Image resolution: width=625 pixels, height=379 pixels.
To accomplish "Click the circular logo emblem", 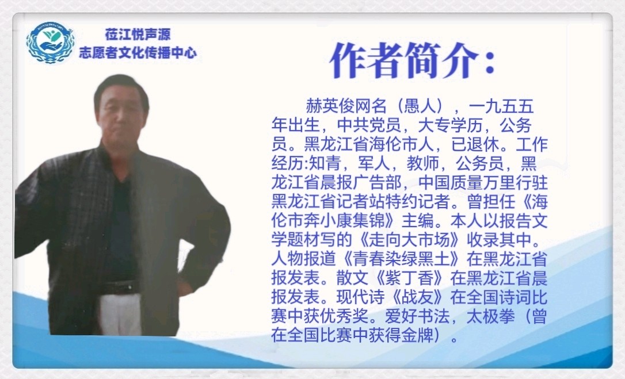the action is click(x=51, y=42).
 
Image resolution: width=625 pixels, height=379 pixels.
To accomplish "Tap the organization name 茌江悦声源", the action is click(x=138, y=35).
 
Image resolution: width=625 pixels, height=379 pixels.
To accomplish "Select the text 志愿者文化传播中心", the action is click(x=138, y=52).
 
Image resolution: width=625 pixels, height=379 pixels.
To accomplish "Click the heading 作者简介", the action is click(x=413, y=60).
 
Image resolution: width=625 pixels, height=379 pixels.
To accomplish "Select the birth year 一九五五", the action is click(x=501, y=106).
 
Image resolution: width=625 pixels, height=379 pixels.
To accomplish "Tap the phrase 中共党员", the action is click(x=369, y=125).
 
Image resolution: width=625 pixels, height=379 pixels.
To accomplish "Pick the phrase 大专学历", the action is click(x=450, y=125).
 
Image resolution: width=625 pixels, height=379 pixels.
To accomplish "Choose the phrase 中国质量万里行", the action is click(x=467, y=182).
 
